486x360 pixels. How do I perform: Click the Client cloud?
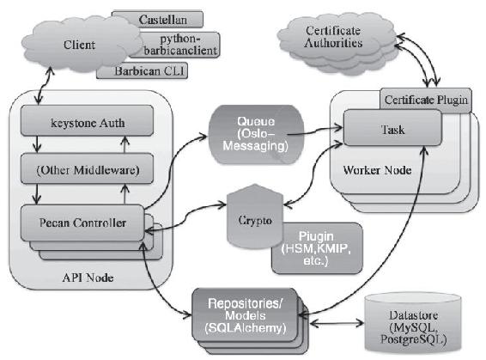[x=81, y=44]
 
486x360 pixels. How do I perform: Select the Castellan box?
[x=162, y=20]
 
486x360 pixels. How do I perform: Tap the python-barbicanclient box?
[x=179, y=45]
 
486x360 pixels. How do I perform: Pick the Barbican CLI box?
[x=146, y=71]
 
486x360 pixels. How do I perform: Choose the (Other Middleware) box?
[x=87, y=168]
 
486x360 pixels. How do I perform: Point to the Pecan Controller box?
[x=82, y=223]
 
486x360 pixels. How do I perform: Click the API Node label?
[x=88, y=278]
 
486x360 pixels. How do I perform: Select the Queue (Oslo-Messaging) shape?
[x=255, y=134]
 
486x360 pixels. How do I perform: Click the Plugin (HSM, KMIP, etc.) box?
[x=317, y=248]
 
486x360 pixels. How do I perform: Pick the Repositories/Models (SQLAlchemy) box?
[x=245, y=315]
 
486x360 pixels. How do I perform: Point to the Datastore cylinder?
[x=413, y=324]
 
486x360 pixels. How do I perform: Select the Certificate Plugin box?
[x=426, y=100]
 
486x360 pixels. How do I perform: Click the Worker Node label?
[x=377, y=170]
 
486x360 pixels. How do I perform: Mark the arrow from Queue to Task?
[x=314, y=131]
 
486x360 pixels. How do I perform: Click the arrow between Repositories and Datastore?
[x=337, y=323]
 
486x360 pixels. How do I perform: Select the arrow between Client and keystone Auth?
[x=43, y=85]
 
